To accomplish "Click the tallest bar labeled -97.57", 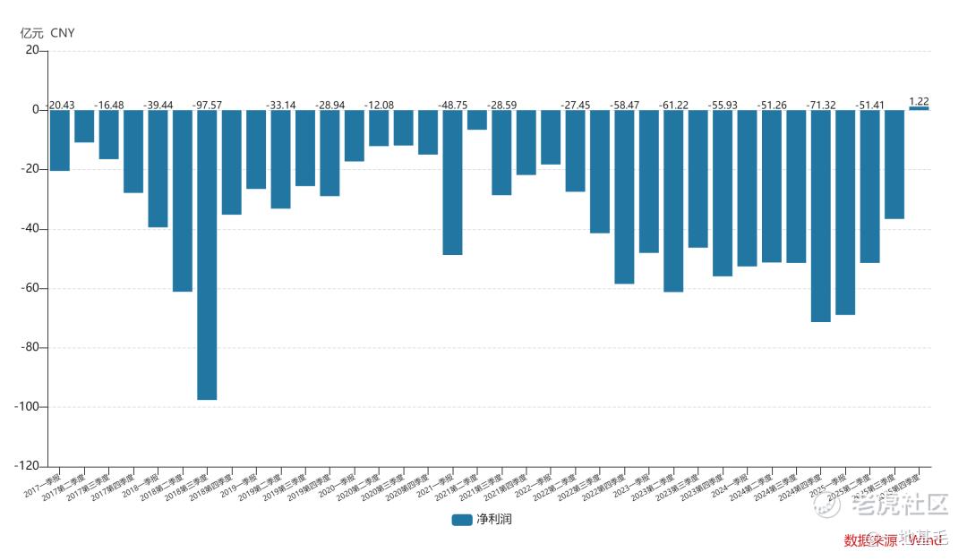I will click(207, 255).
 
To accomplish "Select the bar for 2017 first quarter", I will click(60, 140).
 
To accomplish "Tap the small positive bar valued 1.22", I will click(919, 108).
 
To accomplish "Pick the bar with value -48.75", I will click(452, 182).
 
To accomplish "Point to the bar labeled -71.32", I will click(820, 216).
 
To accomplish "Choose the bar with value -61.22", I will click(673, 201).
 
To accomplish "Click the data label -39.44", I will click(158, 105).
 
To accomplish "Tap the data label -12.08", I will click(379, 105).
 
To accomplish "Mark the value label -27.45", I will click(576, 105).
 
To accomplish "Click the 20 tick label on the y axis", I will click(32, 51).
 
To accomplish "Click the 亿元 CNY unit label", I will click(47, 33).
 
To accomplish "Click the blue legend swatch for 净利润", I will click(462, 519).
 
